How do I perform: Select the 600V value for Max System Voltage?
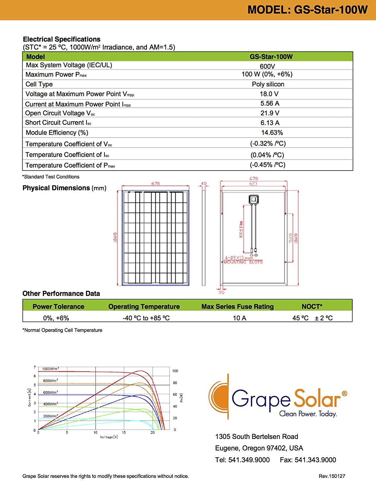tap(267, 66)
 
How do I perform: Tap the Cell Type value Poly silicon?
tap(268, 84)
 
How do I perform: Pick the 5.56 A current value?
tap(270, 103)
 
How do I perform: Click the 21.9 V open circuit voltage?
tap(270, 113)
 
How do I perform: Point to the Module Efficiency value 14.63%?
tap(272, 133)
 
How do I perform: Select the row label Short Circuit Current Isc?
tap(58, 123)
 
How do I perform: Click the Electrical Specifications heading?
tap(62, 39)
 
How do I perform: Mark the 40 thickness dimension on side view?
tap(203, 183)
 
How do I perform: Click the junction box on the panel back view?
tap(254, 199)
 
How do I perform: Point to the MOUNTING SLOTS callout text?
tap(243, 262)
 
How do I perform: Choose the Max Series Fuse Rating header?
tap(237, 307)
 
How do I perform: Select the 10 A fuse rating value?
tap(239, 318)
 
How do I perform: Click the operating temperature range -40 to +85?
tap(146, 318)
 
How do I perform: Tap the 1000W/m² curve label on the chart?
tap(50, 369)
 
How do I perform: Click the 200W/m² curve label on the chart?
tap(50, 416)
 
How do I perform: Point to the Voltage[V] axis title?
tap(109, 437)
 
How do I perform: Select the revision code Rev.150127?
tap(332, 476)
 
